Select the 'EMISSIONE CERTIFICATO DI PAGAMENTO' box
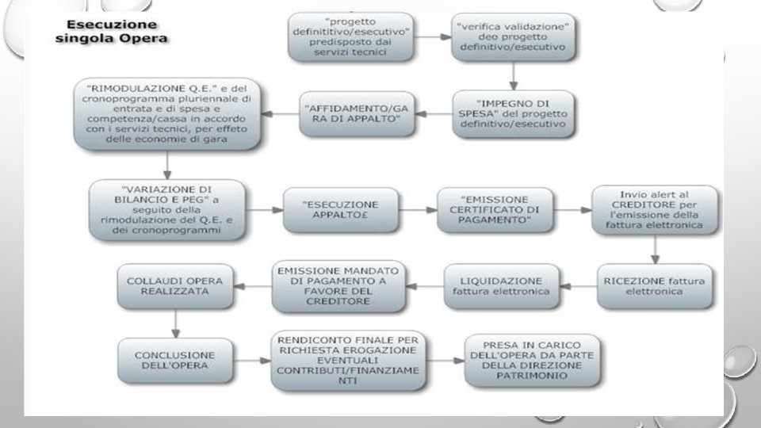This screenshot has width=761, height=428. [x=495, y=210]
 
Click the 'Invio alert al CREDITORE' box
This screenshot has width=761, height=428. [x=655, y=210]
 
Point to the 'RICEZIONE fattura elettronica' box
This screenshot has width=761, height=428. [x=655, y=286]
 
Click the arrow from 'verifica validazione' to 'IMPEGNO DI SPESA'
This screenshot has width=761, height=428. [x=513, y=75]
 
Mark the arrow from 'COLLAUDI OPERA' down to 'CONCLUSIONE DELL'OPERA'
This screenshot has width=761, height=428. [x=175, y=323]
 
